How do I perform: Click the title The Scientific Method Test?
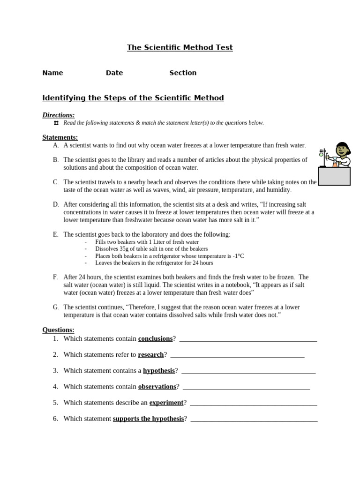180,47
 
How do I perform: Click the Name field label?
52,73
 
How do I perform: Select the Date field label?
114,73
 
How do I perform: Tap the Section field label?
183,73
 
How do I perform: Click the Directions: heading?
58,115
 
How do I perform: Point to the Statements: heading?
60,137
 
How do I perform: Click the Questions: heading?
58,330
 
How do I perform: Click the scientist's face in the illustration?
342,150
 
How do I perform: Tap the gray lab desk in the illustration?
334,176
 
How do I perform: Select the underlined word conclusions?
155,338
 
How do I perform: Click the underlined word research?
150,354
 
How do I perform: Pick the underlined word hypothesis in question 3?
158,370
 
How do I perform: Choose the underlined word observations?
157,386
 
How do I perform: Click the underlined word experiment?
166,402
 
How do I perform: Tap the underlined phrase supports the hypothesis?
148,419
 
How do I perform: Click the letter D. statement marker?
56,204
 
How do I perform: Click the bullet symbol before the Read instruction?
56,123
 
